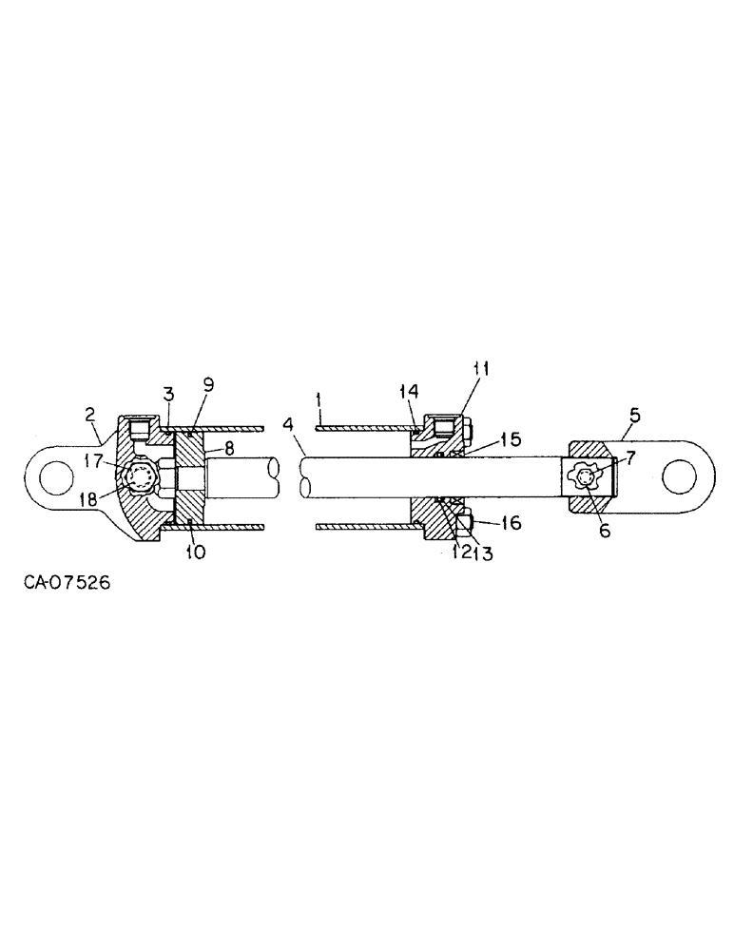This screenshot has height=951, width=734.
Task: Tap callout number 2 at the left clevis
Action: pyautogui.click(x=89, y=415)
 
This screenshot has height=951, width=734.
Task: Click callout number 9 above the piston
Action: pyautogui.click(x=208, y=385)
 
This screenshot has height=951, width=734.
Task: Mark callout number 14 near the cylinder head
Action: pyautogui.click(x=410, y=393)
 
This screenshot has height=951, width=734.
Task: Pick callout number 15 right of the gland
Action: pyautogui.click(x=510, y=440)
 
